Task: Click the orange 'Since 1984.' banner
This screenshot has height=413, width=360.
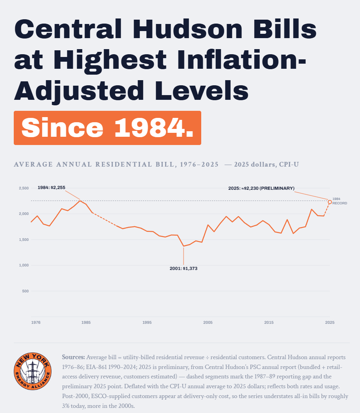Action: pos(107,128)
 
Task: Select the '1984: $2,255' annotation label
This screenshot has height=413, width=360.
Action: pos(51,187)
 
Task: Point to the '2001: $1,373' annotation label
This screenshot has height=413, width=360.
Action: pos(184,268)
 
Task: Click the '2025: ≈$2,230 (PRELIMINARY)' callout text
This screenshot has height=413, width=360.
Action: pos(261,188)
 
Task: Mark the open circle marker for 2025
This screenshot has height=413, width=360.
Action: pos(330,202)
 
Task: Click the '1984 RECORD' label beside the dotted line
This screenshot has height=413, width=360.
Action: pos(340,201)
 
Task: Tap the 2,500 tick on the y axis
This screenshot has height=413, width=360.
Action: pos(24,188)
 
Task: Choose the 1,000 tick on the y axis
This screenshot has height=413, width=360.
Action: pos(24,265)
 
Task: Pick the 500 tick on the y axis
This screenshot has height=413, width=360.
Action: pos(26,291)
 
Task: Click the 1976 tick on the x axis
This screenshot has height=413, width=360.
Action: pos(36,322)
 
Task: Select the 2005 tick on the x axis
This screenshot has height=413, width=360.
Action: pos(208,322)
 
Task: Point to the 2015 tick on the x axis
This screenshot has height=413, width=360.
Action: pos(269,322)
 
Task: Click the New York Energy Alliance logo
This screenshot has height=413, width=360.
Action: pos(33,371)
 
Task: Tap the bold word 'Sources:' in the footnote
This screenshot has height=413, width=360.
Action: pos(73,357)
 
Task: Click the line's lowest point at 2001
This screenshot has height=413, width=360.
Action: pos(184,246)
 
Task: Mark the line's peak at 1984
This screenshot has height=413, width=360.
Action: pos(80,201)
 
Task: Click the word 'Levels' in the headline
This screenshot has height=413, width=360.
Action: pos(202,90)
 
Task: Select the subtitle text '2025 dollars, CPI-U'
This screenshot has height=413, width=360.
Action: pos(266,164)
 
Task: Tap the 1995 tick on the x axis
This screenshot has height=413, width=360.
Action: pos(147,322)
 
